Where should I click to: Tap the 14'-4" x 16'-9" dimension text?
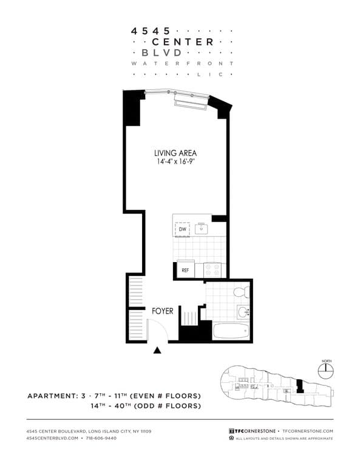[x=175, y=162]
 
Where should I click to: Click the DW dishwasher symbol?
[x=182, y=229]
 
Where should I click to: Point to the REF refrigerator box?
[x=185, y=270]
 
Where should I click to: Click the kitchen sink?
[x=200, y=229]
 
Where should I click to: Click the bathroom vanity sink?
[x=243, y=312]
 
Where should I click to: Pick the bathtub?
[x=231, y=331]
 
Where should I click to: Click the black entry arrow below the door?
[x=158, y=350]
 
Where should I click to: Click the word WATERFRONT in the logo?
[x=182, y=63]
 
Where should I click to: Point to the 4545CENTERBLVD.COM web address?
[x=52, y=437]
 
